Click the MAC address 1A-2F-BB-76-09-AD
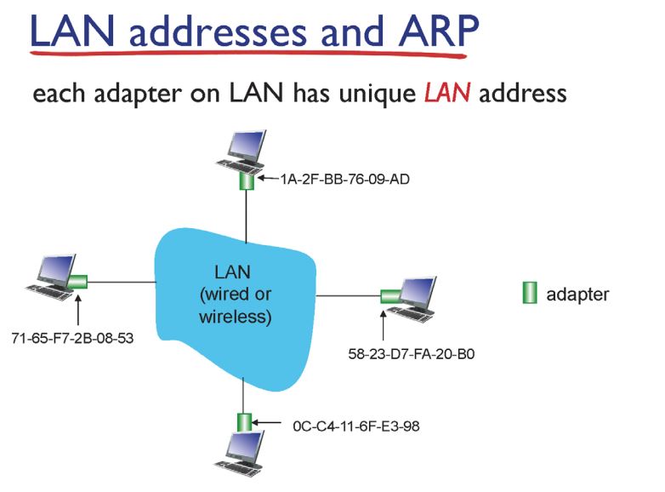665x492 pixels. pyautogui.click(x=338, y=180)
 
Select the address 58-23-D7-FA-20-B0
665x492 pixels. pyautogui.click(x=412, y=351)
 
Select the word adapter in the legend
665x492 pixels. pyautogui.click(x=577, y=295)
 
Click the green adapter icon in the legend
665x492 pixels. pyautogui.click(x=529, y=295)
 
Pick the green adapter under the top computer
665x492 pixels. pyautogui.click(x=247, y=180)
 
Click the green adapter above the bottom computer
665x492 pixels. pyautogui.click(x=244, y=421)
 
